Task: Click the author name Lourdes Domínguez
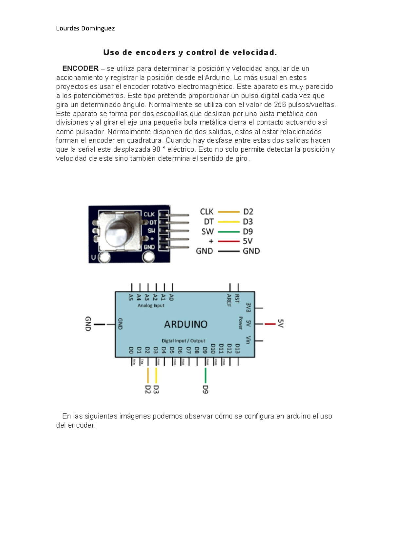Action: tap(85, 28)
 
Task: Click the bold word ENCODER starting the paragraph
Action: tap(80, 69)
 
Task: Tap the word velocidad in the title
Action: tap(254, 52)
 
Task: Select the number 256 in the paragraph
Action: tap(280, 105)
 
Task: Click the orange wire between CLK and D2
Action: tap(229, 212)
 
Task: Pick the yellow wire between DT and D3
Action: tap(229, 222)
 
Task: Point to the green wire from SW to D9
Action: tap(229, 232)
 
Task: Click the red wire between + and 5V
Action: tap(229, 241)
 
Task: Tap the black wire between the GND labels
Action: tap(229, 251)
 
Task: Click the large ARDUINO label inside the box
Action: tap(186, 324)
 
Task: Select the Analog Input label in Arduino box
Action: tap(151, 306)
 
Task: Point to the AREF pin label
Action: tap(229, 300)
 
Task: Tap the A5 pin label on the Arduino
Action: tap(131, 297)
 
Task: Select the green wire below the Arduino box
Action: tap(205, 375)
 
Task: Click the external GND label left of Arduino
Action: tap(88, 324)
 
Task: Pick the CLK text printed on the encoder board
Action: tap(149, 214)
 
